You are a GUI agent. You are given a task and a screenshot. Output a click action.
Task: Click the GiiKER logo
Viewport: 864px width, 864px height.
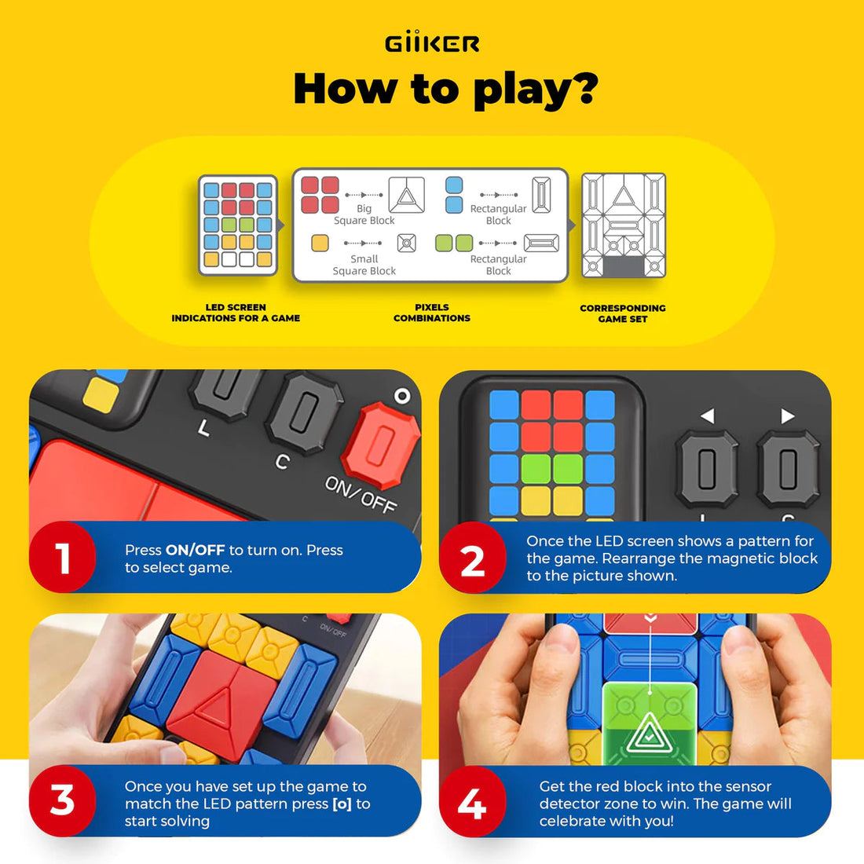(432, 43)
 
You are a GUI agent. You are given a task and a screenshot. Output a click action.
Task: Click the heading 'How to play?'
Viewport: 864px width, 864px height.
(445, 88)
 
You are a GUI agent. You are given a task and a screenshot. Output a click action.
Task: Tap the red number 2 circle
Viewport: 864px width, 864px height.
(472, 560)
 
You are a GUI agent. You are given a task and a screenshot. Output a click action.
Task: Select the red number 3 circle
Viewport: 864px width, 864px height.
(63, 801)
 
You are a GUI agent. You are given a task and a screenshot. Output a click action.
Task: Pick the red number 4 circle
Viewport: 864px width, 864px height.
(472, 803)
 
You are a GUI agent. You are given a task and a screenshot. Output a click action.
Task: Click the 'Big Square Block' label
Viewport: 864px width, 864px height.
(364, 214)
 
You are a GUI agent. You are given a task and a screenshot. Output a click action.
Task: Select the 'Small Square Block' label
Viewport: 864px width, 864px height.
(364, 265)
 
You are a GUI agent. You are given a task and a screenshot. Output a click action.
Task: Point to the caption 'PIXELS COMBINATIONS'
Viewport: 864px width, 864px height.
(432, 313)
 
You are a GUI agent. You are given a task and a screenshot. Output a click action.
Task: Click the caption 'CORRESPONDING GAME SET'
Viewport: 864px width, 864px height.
(622, 313)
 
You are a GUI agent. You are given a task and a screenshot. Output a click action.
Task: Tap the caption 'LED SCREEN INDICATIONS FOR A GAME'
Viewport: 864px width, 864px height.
(236, 313)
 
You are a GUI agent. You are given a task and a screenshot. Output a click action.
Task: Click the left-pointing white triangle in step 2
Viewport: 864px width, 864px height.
(707, 416)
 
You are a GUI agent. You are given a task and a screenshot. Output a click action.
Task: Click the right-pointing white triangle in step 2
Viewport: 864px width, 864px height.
(787, 416)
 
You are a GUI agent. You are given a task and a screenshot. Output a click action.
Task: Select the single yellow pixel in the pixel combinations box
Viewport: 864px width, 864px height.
(320, 243)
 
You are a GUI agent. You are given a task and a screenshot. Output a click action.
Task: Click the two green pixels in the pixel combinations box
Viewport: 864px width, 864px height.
(454, 243)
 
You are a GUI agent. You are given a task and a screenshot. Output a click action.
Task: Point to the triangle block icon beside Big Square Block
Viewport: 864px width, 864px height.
(406, 195)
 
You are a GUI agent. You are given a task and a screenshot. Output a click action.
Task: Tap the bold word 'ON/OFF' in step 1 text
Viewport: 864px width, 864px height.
(195, 550)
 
